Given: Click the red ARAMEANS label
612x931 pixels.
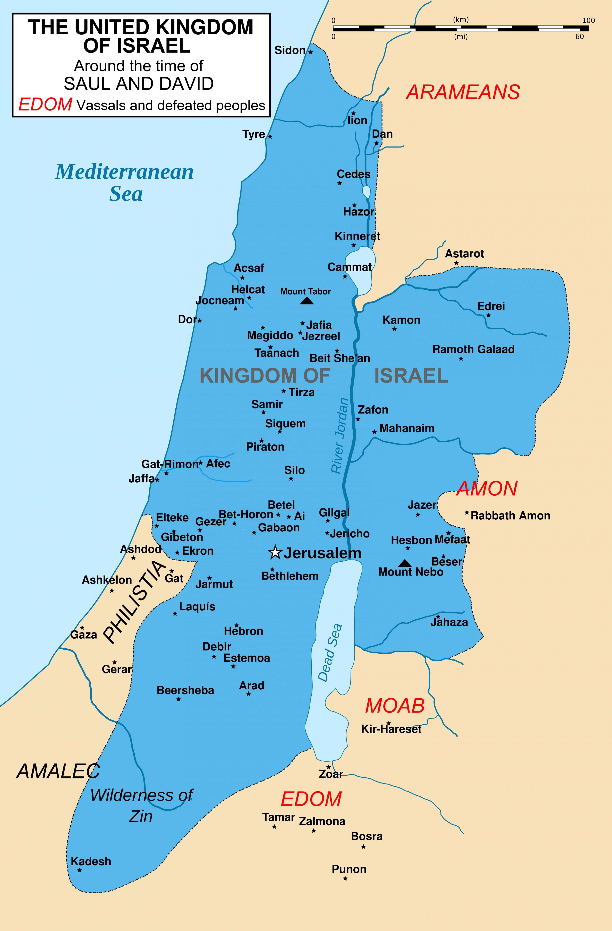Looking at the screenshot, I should click(x=463, y=92).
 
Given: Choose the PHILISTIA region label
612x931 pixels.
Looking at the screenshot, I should click(x=134, y=602).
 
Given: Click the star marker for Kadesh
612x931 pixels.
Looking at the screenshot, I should click(x=79, y=870).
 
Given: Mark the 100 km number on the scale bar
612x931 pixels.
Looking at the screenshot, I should click(x=588, y=20).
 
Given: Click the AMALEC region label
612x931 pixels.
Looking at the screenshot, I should click(x=58, y=771).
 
